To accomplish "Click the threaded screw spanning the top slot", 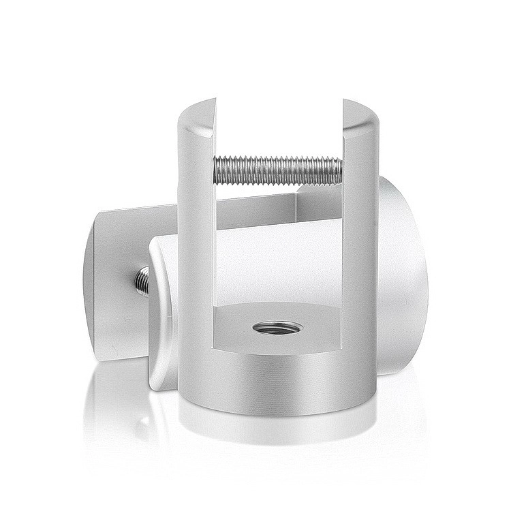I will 278,170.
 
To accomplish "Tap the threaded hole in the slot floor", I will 278,328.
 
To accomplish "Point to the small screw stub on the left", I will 142,279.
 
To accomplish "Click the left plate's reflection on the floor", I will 112,409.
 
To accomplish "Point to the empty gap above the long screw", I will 278,129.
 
